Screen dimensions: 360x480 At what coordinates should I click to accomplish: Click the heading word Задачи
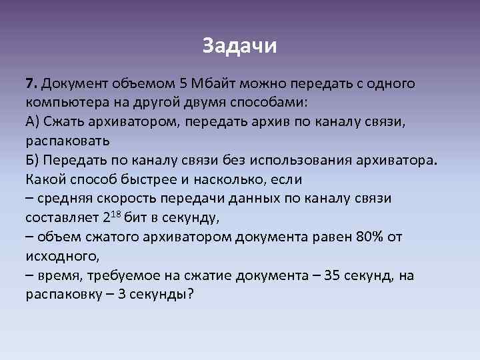[x=239, y=47]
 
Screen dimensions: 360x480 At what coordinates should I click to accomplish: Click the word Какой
[x=45, y=180]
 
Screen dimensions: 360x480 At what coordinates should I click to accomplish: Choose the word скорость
[x=116, y=199]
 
